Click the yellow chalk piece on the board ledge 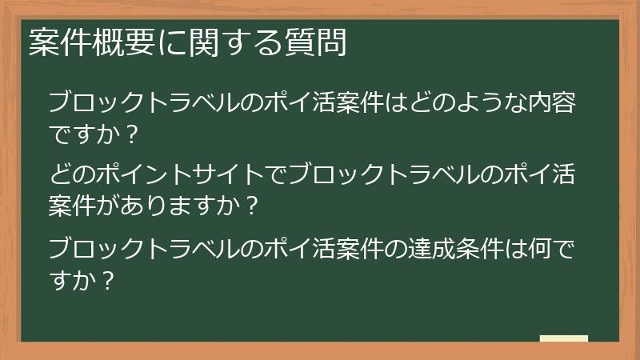coord(564,338)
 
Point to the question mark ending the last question coord(109,281)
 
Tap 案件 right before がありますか coord(71,206)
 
